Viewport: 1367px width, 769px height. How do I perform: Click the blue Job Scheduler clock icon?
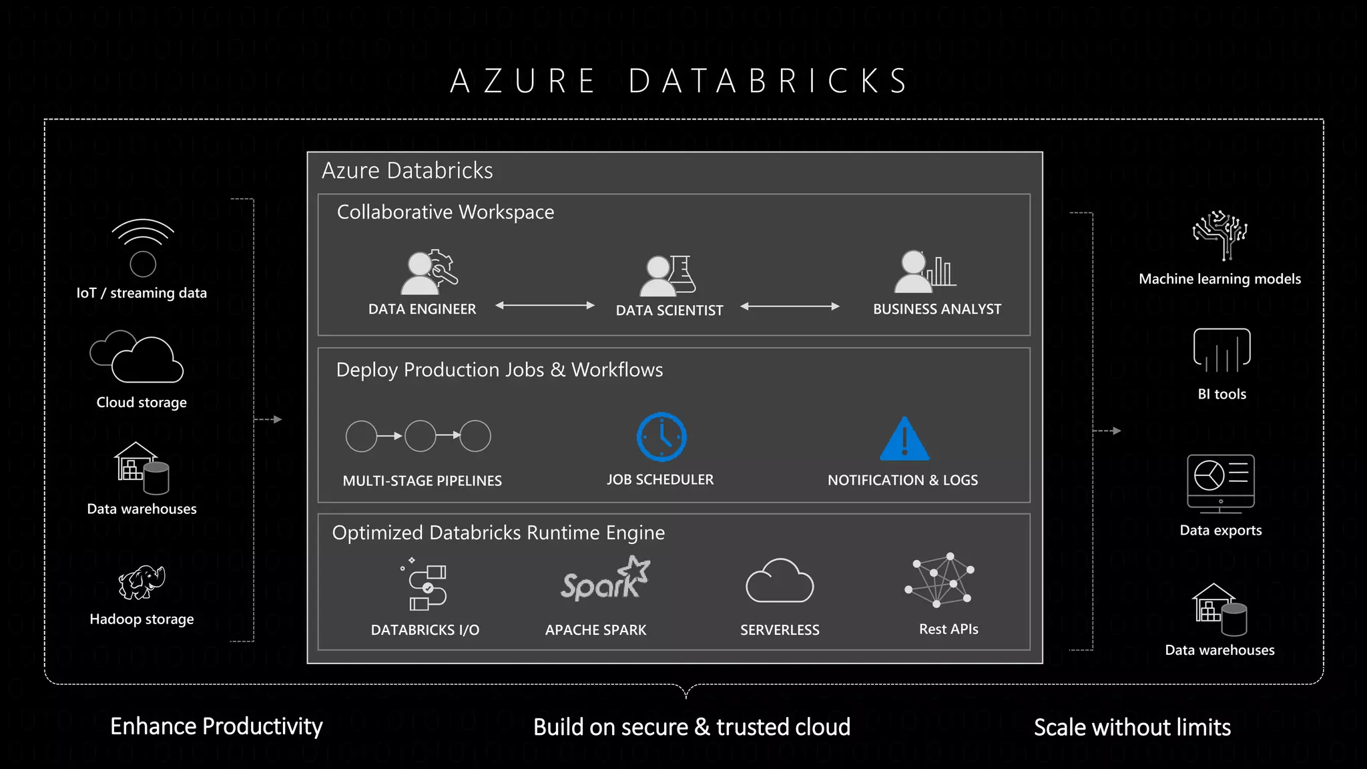(661, 437)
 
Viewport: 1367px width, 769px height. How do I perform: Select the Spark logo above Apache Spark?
(605, 579)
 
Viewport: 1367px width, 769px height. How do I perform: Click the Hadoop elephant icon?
(142, 582)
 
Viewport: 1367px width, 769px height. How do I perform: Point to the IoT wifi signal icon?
(143, 247)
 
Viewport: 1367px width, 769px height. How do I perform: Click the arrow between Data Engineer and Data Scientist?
(545, 306)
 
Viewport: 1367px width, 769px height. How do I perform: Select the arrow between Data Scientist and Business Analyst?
(790, 306)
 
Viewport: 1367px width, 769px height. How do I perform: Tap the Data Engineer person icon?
(427, 272)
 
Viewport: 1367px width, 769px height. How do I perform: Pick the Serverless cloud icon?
(779, 581)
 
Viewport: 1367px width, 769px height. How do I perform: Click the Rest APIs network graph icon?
(940, 579)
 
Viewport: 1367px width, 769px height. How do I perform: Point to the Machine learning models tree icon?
(1220, 235)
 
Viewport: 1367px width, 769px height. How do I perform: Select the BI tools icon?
(1221, 350)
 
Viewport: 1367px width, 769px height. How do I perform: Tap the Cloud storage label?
(142, 403)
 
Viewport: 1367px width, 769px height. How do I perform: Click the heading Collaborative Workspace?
(445, 212)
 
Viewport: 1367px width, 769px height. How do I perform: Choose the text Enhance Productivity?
(216, 726)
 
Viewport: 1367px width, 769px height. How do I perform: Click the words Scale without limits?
(1132, 727)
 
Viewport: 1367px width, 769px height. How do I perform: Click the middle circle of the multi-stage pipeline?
(421, 436)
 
